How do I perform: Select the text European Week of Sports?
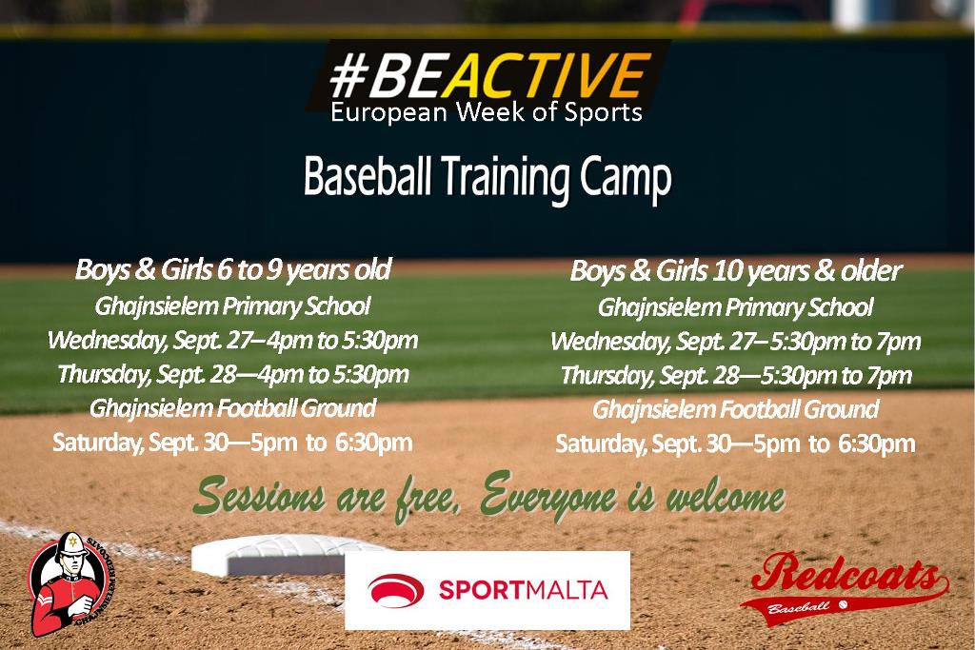click(487, 112)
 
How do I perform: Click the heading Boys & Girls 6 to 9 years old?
click(233, 269)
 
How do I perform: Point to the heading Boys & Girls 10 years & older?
click(736, 271)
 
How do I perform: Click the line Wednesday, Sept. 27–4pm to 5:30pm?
click(232, 341)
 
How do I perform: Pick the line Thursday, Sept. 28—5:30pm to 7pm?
click(736, 375)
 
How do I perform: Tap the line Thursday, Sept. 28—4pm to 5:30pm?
click(233, 374)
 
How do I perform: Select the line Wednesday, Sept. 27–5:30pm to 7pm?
click(736, 341)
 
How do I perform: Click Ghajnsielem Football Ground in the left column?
click(232, 408)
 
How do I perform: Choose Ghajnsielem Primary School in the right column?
click(736, 307)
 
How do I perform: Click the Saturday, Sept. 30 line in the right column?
click(735, 443)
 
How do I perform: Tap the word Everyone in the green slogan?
click(548, 497)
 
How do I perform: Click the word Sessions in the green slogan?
click(260, 495)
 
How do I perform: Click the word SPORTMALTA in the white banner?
click(523, 590)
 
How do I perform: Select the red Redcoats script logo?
click(845, 587)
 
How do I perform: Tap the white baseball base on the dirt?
click(286, 556)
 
